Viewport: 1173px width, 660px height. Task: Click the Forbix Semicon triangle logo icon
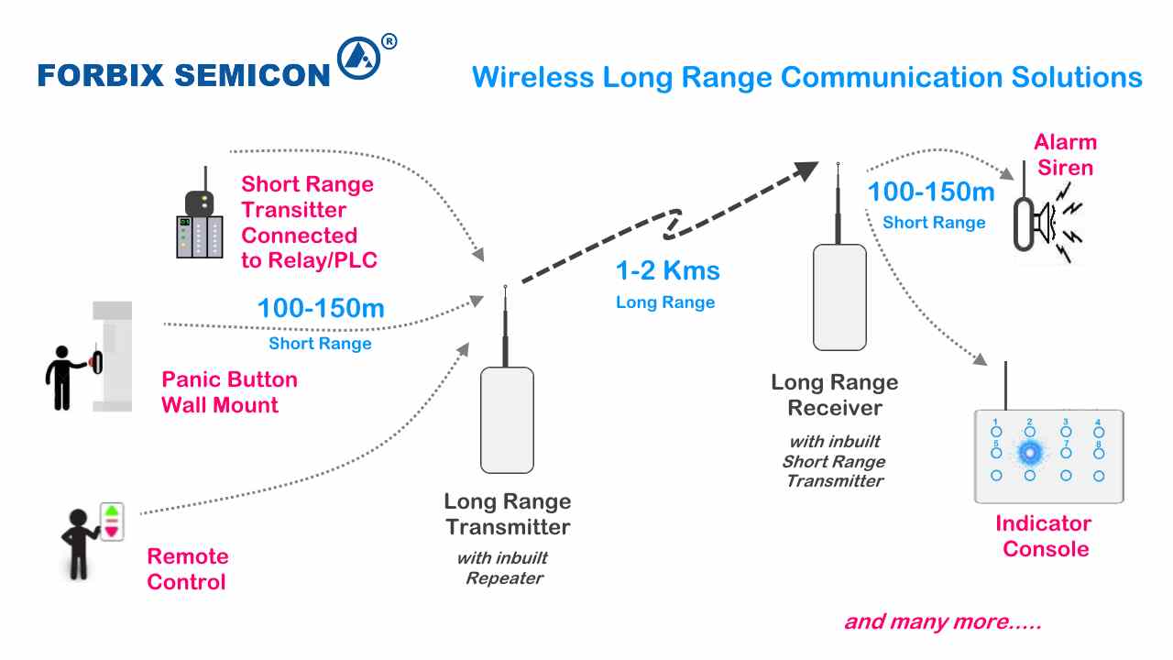point(358,60)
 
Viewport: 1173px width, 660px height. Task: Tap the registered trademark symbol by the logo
point(389,41)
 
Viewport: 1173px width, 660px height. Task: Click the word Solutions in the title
point(1077,77)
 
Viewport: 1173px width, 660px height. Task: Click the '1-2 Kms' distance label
point(667,271)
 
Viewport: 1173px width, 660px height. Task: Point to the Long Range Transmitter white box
point(507,420)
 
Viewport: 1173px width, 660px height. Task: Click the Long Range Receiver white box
point(839,297)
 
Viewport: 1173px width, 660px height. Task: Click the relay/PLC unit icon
point(200,235)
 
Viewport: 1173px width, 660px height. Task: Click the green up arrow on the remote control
point(112,511)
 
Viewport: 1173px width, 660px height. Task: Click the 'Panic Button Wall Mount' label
point(229,392)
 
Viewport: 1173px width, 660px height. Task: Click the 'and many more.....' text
point(942,622)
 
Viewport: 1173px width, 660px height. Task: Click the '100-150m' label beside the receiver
point(931,192)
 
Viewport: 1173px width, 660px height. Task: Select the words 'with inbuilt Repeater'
point(503,568)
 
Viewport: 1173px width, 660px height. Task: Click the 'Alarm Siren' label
point(1065,155)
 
